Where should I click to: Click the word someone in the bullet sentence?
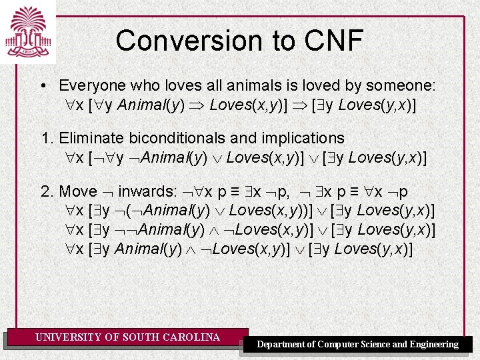click(403, 86)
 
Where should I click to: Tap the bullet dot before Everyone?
click(43, 87)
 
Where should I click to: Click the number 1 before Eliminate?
click(45, 139)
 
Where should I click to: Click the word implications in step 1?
click(303, 139)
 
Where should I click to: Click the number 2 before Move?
click(46, 192)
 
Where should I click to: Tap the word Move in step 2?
click(79, 192)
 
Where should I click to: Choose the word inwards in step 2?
click(147, 192)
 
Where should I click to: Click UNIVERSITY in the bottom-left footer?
click(69, 337)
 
